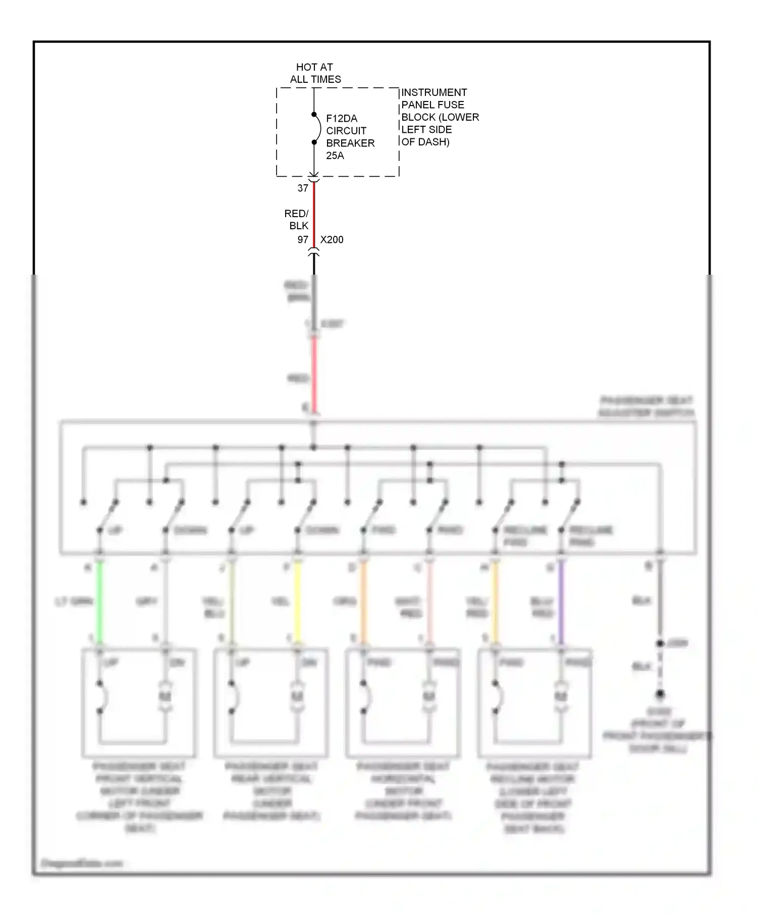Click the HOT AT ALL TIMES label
pos(315,73)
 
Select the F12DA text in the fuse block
pos(342,119)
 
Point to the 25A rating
pos(335,156)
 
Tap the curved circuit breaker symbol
pos(317,128)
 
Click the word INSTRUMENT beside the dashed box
pos(434,92)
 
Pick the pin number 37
pos(303,188)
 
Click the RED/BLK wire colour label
pos(297,220)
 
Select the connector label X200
pos(332,240)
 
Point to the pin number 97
pos(303,240)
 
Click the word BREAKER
pos(350,143)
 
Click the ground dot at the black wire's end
pos(660,694)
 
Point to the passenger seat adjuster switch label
pos(646,407)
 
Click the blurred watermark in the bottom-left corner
pos(81,863)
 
